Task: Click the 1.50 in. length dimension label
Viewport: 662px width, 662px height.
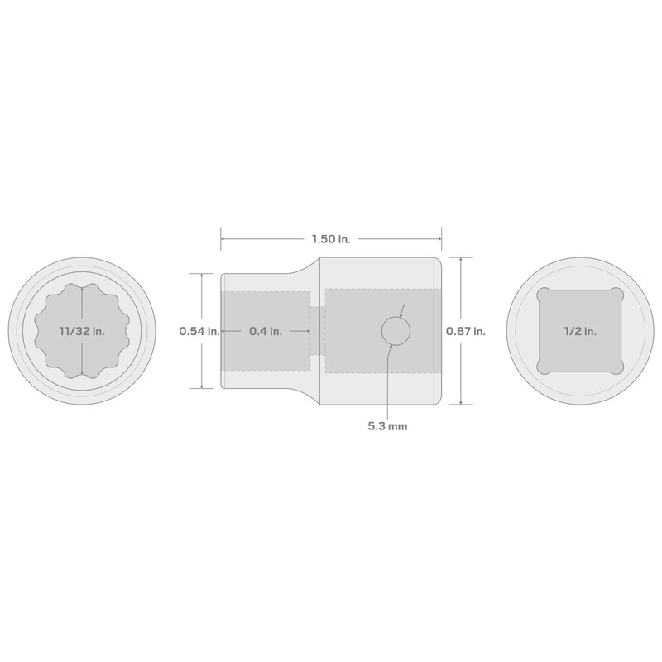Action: pyautogui.click(x=331, y=240)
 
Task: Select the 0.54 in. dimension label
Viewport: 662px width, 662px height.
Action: pyautogui.click(x=199, y=331)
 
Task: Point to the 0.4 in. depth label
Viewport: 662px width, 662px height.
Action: pyautogui.click(x=266, y=331)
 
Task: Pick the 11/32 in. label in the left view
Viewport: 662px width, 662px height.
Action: pyautogui.click(x=82, y=331)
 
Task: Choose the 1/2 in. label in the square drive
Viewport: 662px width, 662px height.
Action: pyautogui.click(x=579, y=331)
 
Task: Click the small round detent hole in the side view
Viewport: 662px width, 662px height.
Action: pyautogui.click(x=396, y=331)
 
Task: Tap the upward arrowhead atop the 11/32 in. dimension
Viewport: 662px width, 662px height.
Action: pyautogui.click(x=82, y=289)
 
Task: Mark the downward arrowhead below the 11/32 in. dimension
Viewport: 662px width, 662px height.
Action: pyautogui.click(x=82, y=373)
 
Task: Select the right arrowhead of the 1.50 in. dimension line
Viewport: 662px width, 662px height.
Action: pyautogui.click(x=439, y=240)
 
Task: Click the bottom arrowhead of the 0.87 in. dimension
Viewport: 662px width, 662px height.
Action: pyautogui.click(x=459, y=402)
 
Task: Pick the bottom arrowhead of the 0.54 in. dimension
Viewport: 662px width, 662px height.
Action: pyautogui.click(x=202, y=386)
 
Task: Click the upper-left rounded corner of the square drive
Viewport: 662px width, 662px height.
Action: pyautogui.click(x=544, y=295)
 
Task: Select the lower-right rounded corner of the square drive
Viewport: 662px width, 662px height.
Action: pyautogui.click(x=616, y=367)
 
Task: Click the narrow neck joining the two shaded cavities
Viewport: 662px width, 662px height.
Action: pyautogui.click(x=318, y=331)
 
